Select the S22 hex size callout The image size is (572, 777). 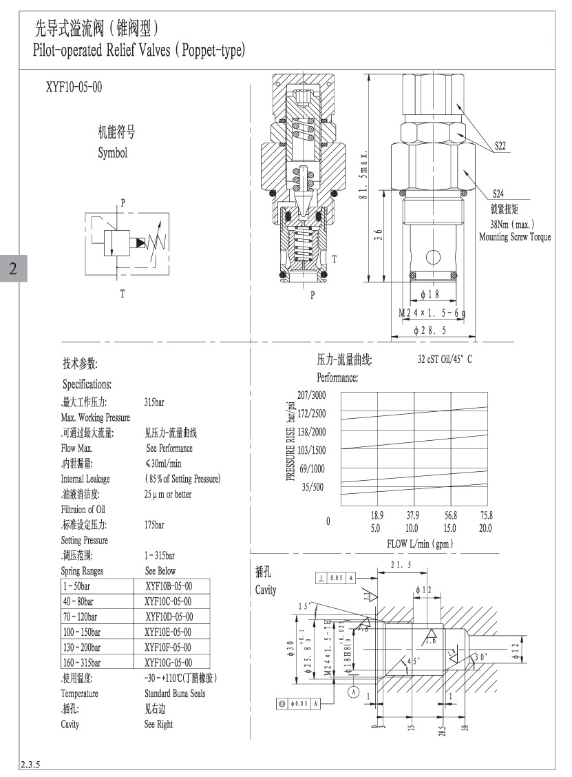point(500,145)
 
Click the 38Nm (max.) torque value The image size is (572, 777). point(512,225)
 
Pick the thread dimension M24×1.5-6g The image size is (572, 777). point(433,313)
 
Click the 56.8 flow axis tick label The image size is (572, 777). point(450,515)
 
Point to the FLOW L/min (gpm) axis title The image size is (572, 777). point(420,544)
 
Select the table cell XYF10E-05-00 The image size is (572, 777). point(169,632)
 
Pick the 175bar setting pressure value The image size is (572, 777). point(154,525)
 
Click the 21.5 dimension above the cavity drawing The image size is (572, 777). point(400,565)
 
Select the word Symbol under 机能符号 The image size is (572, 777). point(112,153)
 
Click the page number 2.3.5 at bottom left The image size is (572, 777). point(30,764)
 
